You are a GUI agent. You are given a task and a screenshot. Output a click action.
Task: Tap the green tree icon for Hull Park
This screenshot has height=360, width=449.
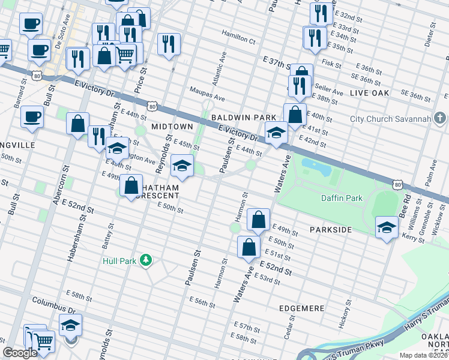click(145, 260)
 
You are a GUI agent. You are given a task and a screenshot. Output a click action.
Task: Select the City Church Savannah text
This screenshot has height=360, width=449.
click(391, 118)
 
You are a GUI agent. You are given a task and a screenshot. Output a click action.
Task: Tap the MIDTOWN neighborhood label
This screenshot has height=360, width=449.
click(172, 127)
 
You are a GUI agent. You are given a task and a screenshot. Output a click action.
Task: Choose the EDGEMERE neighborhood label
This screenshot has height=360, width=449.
click(302, 308)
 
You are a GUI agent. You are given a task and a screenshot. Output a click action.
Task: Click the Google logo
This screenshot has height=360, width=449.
click(20, 353)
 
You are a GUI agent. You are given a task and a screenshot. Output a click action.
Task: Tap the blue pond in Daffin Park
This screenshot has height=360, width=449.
click(319, 164)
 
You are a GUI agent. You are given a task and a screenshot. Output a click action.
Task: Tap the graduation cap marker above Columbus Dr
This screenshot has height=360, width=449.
click(71, 325)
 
